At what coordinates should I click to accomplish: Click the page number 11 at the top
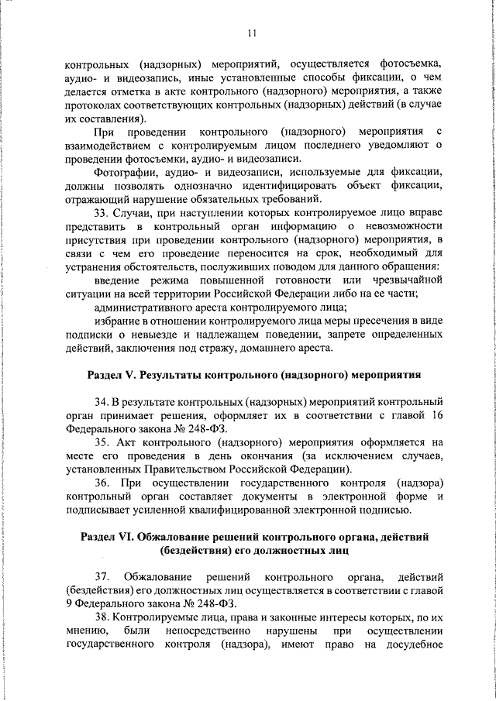click(x=252, y=33)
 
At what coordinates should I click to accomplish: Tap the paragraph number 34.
click(x=102, y=404)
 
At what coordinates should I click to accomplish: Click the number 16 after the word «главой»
click(x=436, y=418)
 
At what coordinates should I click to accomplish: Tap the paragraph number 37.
click(x=102, y=579)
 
